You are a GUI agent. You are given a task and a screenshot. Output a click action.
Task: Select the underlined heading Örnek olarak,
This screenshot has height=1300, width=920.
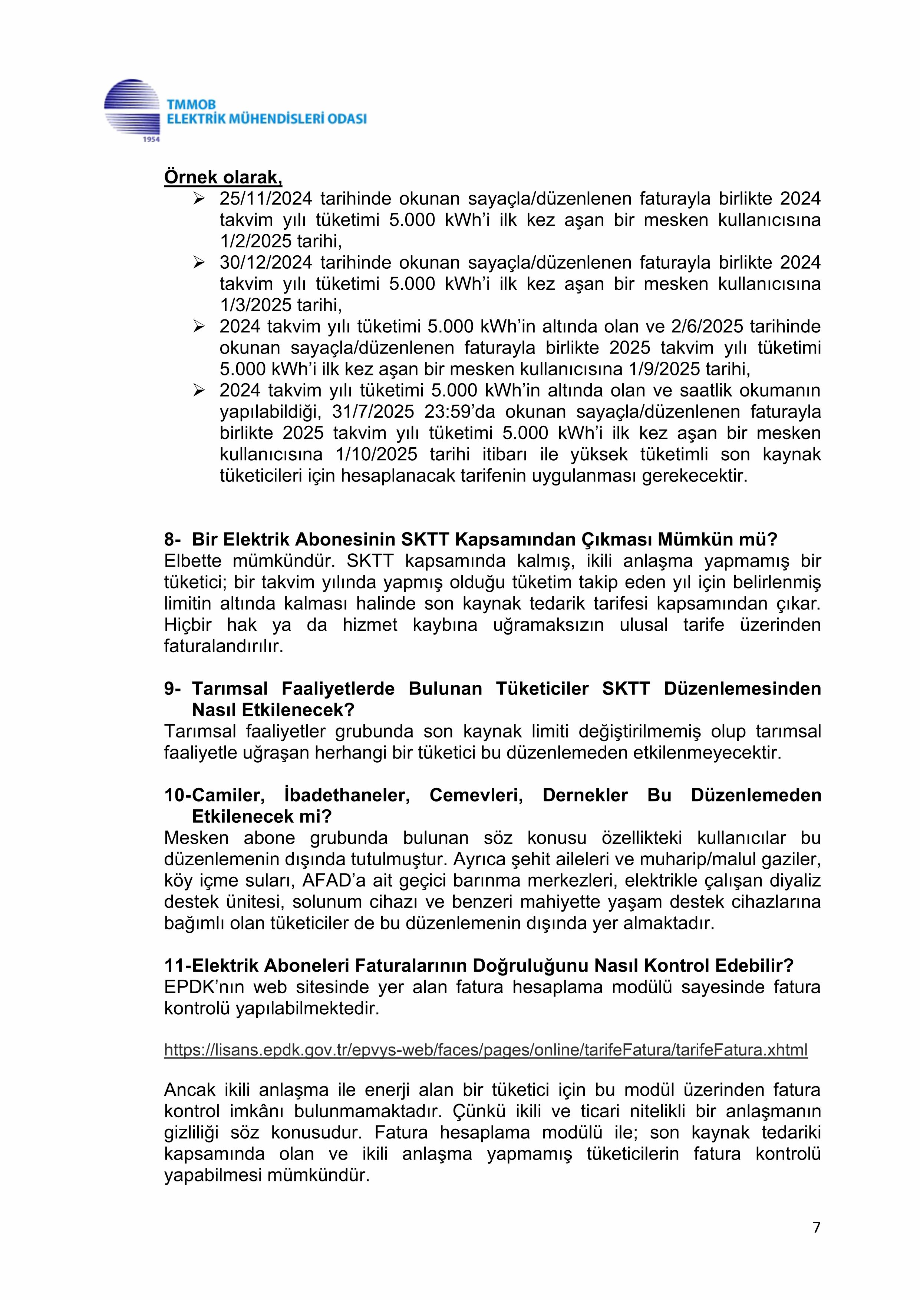click(x=223, y=177)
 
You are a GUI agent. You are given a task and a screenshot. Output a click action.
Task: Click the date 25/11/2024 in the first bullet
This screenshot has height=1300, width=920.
click(x=266, y=199)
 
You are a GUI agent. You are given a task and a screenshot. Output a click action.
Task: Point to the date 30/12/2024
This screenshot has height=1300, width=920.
click(x=266, y=263)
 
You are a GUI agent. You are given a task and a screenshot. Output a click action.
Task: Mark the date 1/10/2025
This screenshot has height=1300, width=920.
click(x=376, y=454)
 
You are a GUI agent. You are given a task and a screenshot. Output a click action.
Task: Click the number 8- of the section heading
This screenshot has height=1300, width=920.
click(x=173, y=539)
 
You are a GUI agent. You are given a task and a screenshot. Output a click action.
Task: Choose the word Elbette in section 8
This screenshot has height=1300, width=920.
click(x=192, y=561)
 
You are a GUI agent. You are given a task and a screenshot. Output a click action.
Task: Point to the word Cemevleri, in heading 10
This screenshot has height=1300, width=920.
click(x=476, y=795)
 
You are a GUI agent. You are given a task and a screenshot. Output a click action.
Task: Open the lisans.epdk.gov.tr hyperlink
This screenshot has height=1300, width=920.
click(x=485, y=1050)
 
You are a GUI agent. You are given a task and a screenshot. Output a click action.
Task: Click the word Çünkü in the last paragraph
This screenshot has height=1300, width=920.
click(x=478, y=1111)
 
